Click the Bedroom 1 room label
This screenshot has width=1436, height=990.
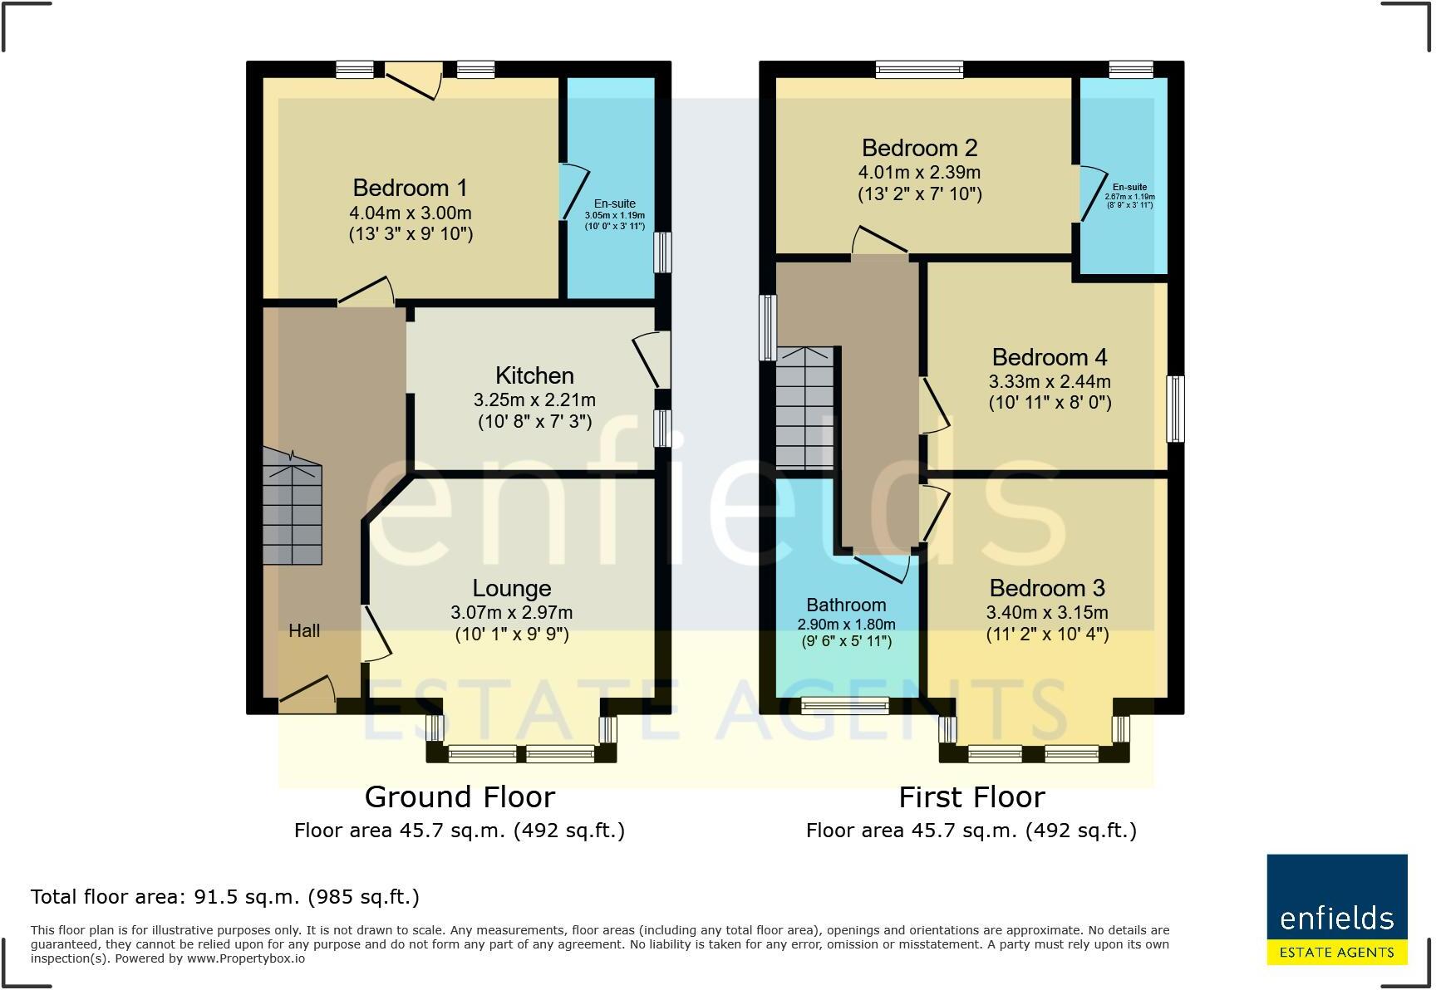tap(410, 188)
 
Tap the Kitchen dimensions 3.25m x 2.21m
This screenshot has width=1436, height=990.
tap(534, 400)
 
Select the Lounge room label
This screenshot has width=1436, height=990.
tap(511, 588)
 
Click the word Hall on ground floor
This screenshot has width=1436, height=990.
tap(304, 631)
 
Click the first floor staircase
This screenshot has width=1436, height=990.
tap(804, 407)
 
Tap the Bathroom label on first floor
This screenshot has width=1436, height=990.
tap(846, 605)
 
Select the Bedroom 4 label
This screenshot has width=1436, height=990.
tap(1049, 357)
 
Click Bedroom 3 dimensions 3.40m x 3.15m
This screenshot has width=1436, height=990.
tap(1046, 613)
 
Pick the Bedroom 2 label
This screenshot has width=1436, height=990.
tap(919, 148)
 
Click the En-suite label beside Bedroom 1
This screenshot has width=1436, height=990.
tap(614, 203)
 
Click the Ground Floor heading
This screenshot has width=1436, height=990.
tap(460, 797)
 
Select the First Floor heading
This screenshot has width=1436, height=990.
tap(971, 797)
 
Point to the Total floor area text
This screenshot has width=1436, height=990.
tap(224, 897)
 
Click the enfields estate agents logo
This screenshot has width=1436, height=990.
tap(1336, 909)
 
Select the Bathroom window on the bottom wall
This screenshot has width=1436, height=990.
tap(844, 706)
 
